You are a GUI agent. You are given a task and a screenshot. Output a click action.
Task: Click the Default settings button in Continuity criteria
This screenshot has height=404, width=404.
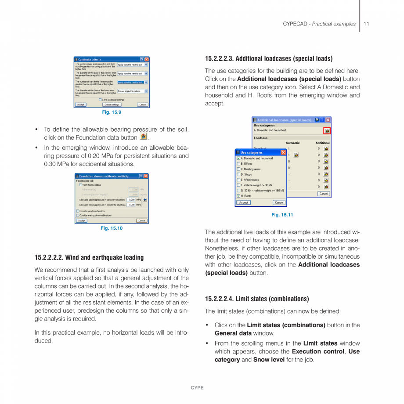tap(112, 105)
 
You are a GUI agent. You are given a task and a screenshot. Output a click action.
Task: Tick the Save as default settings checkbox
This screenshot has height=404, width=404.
tap(101, 100)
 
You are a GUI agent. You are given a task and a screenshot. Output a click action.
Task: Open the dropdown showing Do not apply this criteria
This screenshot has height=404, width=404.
tap(132, 91)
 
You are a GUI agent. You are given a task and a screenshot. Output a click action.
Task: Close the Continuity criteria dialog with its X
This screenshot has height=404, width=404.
tap(147, 59)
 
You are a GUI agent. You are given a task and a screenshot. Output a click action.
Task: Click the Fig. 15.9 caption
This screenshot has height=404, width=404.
tap(112, 112)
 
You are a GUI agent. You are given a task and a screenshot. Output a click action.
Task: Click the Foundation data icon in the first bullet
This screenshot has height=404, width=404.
tap(144, 137)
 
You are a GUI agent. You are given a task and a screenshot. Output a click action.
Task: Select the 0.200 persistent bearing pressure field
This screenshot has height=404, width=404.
tap(131, 200)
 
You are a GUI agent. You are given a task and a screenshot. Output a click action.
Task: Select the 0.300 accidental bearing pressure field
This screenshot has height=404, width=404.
tap(131, 205)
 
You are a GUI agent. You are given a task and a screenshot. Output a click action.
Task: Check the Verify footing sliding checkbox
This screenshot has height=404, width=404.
tap(80, 185)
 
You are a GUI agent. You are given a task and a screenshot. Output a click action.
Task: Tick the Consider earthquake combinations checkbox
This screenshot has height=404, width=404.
tap(78, 215)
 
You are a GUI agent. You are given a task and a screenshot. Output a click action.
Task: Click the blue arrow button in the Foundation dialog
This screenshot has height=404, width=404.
tap(145, 200)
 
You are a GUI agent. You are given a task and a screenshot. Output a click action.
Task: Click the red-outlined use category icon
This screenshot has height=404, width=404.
tap(327, 130)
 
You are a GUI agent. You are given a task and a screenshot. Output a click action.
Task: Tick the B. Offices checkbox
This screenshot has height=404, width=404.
tap(238, 164)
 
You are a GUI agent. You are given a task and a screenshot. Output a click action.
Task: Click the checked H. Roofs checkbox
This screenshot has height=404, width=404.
tap(238, 196)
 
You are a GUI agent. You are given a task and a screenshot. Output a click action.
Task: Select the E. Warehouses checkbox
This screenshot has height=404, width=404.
tap(238, 180)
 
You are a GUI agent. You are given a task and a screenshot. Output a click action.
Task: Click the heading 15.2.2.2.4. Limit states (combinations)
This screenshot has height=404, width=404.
tap(257, 299)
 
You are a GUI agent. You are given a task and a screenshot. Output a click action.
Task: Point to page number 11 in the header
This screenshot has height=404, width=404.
tap(366, 24)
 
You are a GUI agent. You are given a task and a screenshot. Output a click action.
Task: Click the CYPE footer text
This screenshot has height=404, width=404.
tap(197, 388)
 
